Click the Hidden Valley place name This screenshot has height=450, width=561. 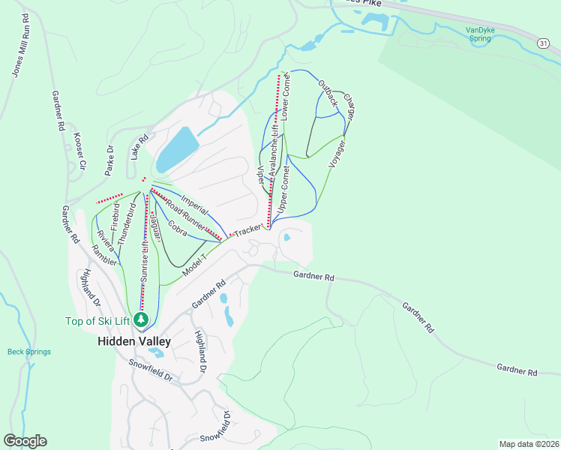click(134, 340)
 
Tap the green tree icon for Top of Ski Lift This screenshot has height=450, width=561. click(141, 320)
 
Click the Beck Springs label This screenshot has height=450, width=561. click(29, 352)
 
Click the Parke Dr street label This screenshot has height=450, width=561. click(110, 159)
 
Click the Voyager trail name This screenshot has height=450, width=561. click(337, 153)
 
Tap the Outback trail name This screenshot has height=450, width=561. click(328, 91)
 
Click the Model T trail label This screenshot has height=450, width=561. click(193, 262)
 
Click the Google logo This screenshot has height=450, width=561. click(25, 441)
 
